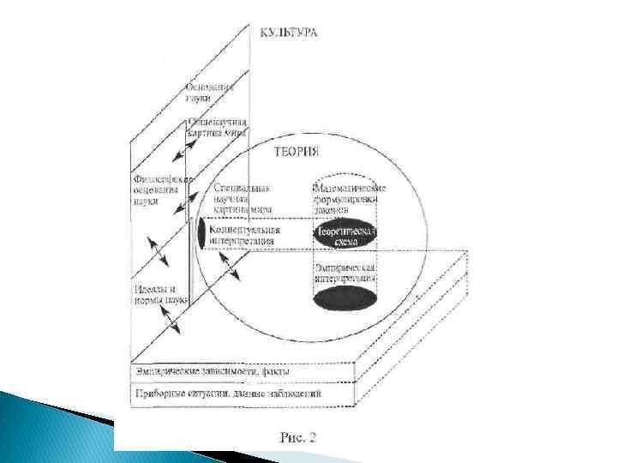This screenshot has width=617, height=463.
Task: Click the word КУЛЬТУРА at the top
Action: click(x=289, y=33)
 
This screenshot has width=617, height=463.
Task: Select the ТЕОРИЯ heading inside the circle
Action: click(x=296, y=151)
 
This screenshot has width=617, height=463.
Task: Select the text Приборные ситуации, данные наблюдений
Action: click(x=227, y=393)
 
